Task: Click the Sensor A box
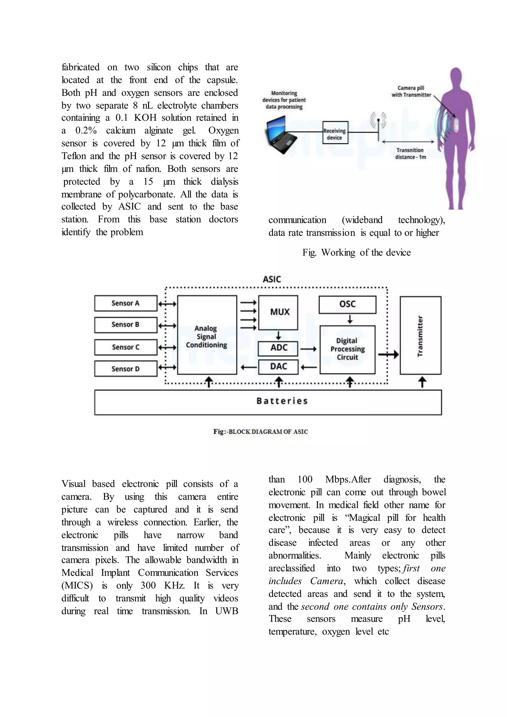click(x=126, y=303)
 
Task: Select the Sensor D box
click(x=126, y=369)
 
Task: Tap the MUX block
click(x=278, y=312)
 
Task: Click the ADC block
click(x=278, y=348)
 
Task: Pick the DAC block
click(x=278, y=367)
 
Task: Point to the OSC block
click(x=348, y=305)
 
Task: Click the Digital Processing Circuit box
click(x=348, y=349)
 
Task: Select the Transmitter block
click(x=421, y=335)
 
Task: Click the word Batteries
click(x=282, y=401)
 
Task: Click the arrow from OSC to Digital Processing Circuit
click(x=350, y=319)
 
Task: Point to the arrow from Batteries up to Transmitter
click(x=422, y=382)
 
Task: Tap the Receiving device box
click(x=335, y=133)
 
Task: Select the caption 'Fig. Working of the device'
click(x=356, y=252)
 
